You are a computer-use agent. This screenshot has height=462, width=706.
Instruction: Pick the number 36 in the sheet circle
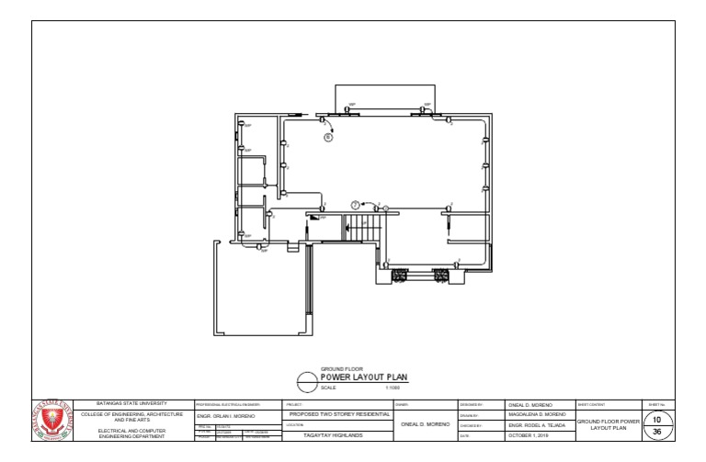tap(656, 432)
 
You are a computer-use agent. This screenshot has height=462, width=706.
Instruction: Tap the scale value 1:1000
tap(393, 388)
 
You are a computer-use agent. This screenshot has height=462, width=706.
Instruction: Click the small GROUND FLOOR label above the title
tap(342, 369)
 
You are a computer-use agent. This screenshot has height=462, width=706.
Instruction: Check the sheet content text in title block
tap(607, 424)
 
